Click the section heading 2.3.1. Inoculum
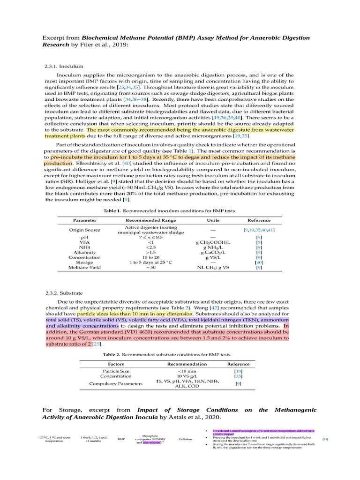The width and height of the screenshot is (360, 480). pyautogui.click(x=64, y=67)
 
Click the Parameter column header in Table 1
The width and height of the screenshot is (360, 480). pyautogui.click(x=85, y=220)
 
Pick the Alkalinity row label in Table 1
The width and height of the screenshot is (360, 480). pyautogui.click(x=84, y=252)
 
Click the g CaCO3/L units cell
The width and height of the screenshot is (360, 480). pyautogui.click(x=213, y=252)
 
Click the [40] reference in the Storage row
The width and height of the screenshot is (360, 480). pyautogui.click(x=258, y=262)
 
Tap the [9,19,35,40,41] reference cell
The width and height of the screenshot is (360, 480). pyautogui.click(x=259, y=230)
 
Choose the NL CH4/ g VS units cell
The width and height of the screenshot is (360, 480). pyautogui.click(x=213, y=268)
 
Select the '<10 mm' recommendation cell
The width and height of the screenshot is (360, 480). pyautogui.click(x=187, y=371)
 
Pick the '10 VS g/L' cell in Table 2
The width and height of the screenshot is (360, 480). pyautogui.click(x=187, y=376)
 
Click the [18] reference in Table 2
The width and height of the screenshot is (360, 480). pyautogui.click(x=238, y=371)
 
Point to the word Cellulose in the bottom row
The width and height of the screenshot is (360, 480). pyautogui.click(x=186, y=439)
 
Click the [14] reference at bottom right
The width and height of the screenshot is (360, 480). pyautogui.click(x=325, y=439)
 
